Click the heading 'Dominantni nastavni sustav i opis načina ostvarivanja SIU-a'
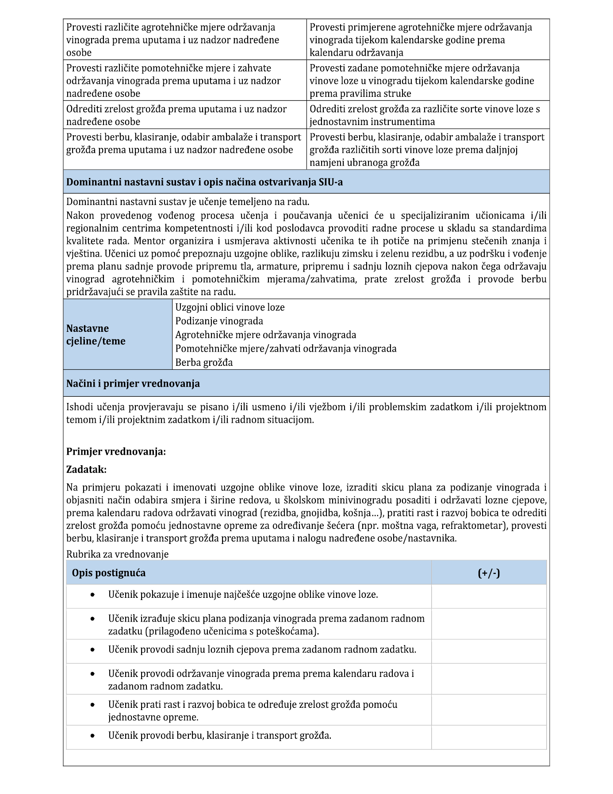tap(204, 182)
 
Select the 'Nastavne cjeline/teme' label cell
tap(96, 334)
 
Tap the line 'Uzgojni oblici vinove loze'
tap(230, 307)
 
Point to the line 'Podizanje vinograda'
tap(219, 321)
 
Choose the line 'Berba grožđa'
tap(204, 362)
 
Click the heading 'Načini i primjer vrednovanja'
tap(133, 383)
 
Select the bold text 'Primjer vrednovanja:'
tap(116, 452)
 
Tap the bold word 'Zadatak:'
tap(86, 469)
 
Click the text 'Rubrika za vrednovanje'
tap(117, 554)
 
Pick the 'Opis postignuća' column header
tap(109, 573)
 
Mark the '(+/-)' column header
tap(489, 573)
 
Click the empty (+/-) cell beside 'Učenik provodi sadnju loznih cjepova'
tap(489, 651)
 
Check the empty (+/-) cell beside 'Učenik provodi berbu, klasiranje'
tap(489, 737)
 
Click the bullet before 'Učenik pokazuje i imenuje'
tap(92, 595)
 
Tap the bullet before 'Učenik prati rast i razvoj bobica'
tap(92, 705)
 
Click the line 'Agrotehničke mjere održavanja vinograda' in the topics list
tap(265, 334)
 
